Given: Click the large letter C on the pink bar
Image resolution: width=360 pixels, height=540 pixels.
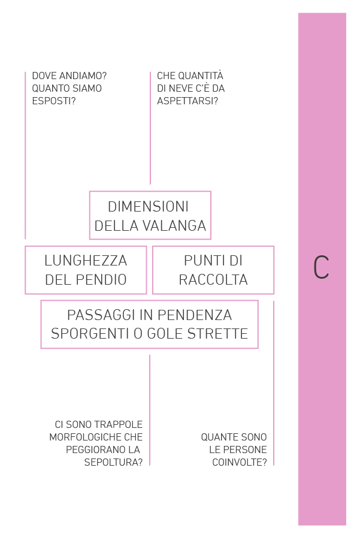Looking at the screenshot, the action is click(x=321, y=267).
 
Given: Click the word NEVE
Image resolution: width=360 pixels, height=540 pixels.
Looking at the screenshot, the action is click(x=181, y=89).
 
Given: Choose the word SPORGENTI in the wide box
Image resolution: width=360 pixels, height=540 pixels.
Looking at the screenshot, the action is click(x=90, y=333).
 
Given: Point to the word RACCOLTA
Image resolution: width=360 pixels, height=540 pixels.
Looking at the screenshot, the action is click(x=213, y=280).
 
